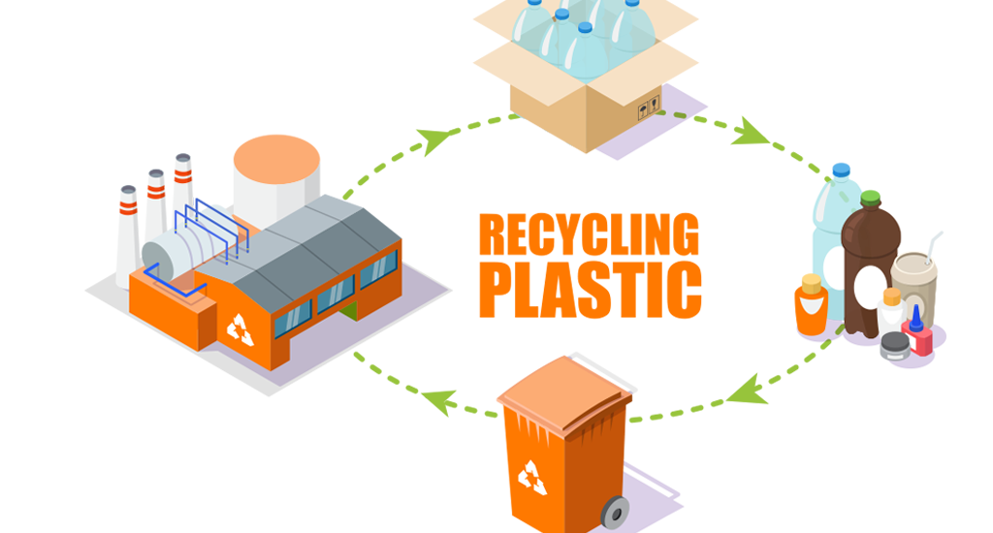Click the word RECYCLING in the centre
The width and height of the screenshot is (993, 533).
[589, 235]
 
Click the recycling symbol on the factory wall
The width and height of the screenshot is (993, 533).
[240, 329]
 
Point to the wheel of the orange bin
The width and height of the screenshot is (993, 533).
[613, 512]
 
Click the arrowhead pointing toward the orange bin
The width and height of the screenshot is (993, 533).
[742, 391]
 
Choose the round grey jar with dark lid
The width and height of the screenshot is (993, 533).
[893, 346]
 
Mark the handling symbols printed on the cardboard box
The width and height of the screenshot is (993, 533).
[648, 110]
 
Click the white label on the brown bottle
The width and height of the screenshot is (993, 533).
[869, 286]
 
